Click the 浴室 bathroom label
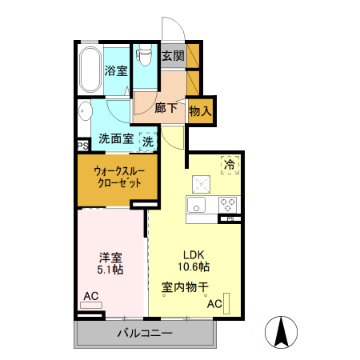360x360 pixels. coord(116,70)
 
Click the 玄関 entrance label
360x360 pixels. coord(172,56)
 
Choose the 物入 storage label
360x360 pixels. coord(200,111)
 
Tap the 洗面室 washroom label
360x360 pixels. coord(116,138)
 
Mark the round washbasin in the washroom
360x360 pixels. coord(85,112)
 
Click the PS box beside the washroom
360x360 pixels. coord(82,146)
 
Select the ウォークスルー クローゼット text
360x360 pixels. coord(118,177)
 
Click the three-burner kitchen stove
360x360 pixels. coord(226,203)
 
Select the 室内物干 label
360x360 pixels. coord(185,286)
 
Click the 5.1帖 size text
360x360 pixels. coord(111,270)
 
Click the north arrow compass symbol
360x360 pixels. coord(282,333)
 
